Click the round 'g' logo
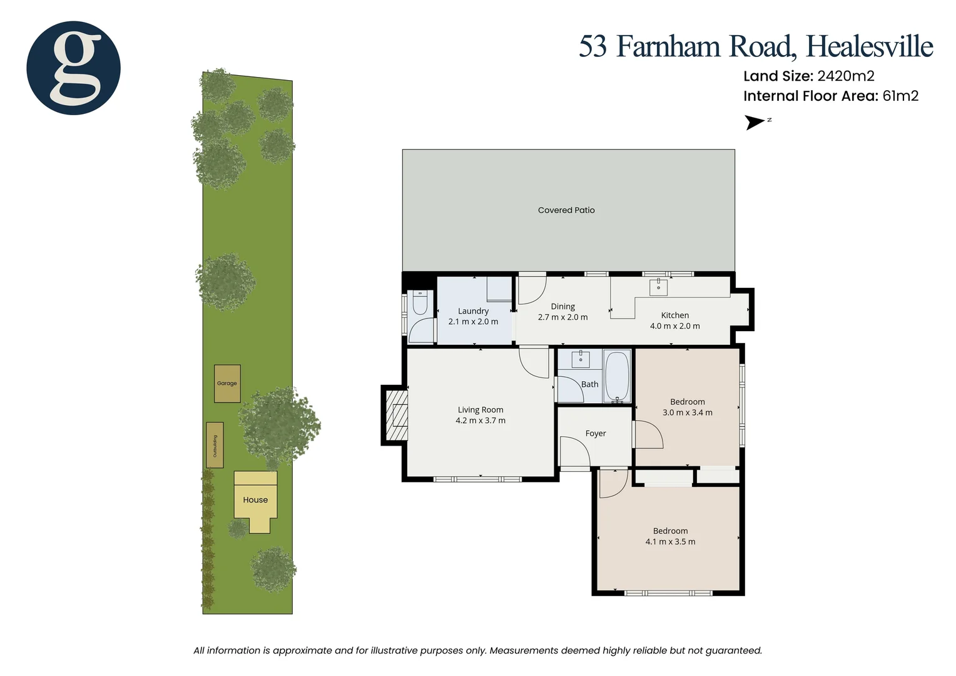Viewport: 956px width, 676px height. pyautogui.click(x=73, y=68)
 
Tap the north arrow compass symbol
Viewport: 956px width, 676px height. pyautogui.click(x=756, y=122)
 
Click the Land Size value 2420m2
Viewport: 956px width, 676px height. pyautogui.click(x=846, y=76)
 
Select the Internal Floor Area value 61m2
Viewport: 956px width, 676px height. pyautogui.click(x=900, y=96)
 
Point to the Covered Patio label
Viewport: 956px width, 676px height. pyautogui.click(x=566, y=210)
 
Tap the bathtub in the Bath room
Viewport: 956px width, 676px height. pyautogui.click(x=618, y=377)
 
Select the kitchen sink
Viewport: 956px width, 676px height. pyautogui.click(x=658, y=287)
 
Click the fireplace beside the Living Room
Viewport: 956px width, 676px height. pyautogui.click(x=395, y=415)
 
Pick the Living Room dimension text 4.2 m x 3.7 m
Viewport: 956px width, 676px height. pyautogui.click(x=481, y=421)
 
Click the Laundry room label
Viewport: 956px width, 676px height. pyautogui.click(x=473, y=311)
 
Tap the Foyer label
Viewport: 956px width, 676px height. pyautogui.click(x=596, y=433)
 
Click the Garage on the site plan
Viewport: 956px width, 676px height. pyautogui.click(x=227, y=383)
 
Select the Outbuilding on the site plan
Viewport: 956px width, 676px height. pyautogui.click(x=215, y=445)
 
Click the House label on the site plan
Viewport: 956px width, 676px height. pyautogui.click(x=255, y=500)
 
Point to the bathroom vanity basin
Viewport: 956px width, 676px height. pyautogui.click(x=581, y=359)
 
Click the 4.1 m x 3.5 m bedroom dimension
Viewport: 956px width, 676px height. pyautogui.click(x=670, y=542)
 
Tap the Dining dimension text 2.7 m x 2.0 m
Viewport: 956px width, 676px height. pyautogui.click(x=562, y=317)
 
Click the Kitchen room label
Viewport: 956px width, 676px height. pyautogui.click(x=675, y=315)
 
